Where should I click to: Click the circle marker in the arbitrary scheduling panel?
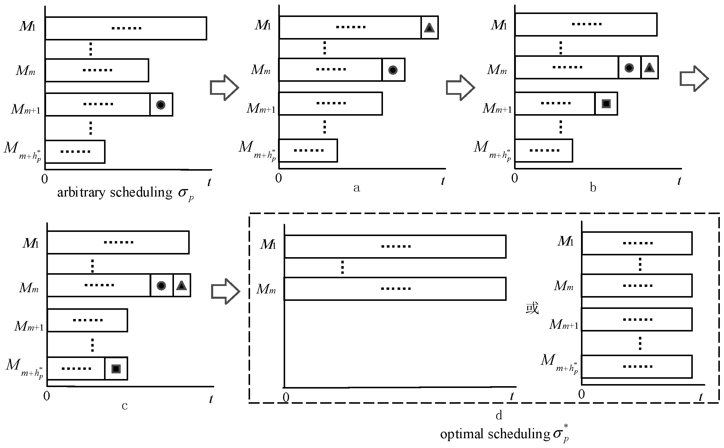tap(161, 105)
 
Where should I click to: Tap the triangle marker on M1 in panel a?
tap(429, 28)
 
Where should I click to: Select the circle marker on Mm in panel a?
tap(393, 70)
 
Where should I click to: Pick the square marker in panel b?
tap(606, 104)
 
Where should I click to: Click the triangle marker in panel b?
tap(649, 68)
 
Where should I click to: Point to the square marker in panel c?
tap(116, 369)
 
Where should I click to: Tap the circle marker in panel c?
tap(161, 286)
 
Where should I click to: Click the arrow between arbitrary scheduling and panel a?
tap(224, 87)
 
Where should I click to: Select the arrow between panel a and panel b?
tap(460, 87)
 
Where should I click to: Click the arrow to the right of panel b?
tap(694, 79)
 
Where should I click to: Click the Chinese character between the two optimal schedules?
tap(532, 309)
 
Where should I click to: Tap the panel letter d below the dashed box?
tap(499, 415)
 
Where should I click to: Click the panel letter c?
tap(125, 405)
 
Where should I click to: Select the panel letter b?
tap(593, 188)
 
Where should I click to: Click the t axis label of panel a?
tap(443, 181)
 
